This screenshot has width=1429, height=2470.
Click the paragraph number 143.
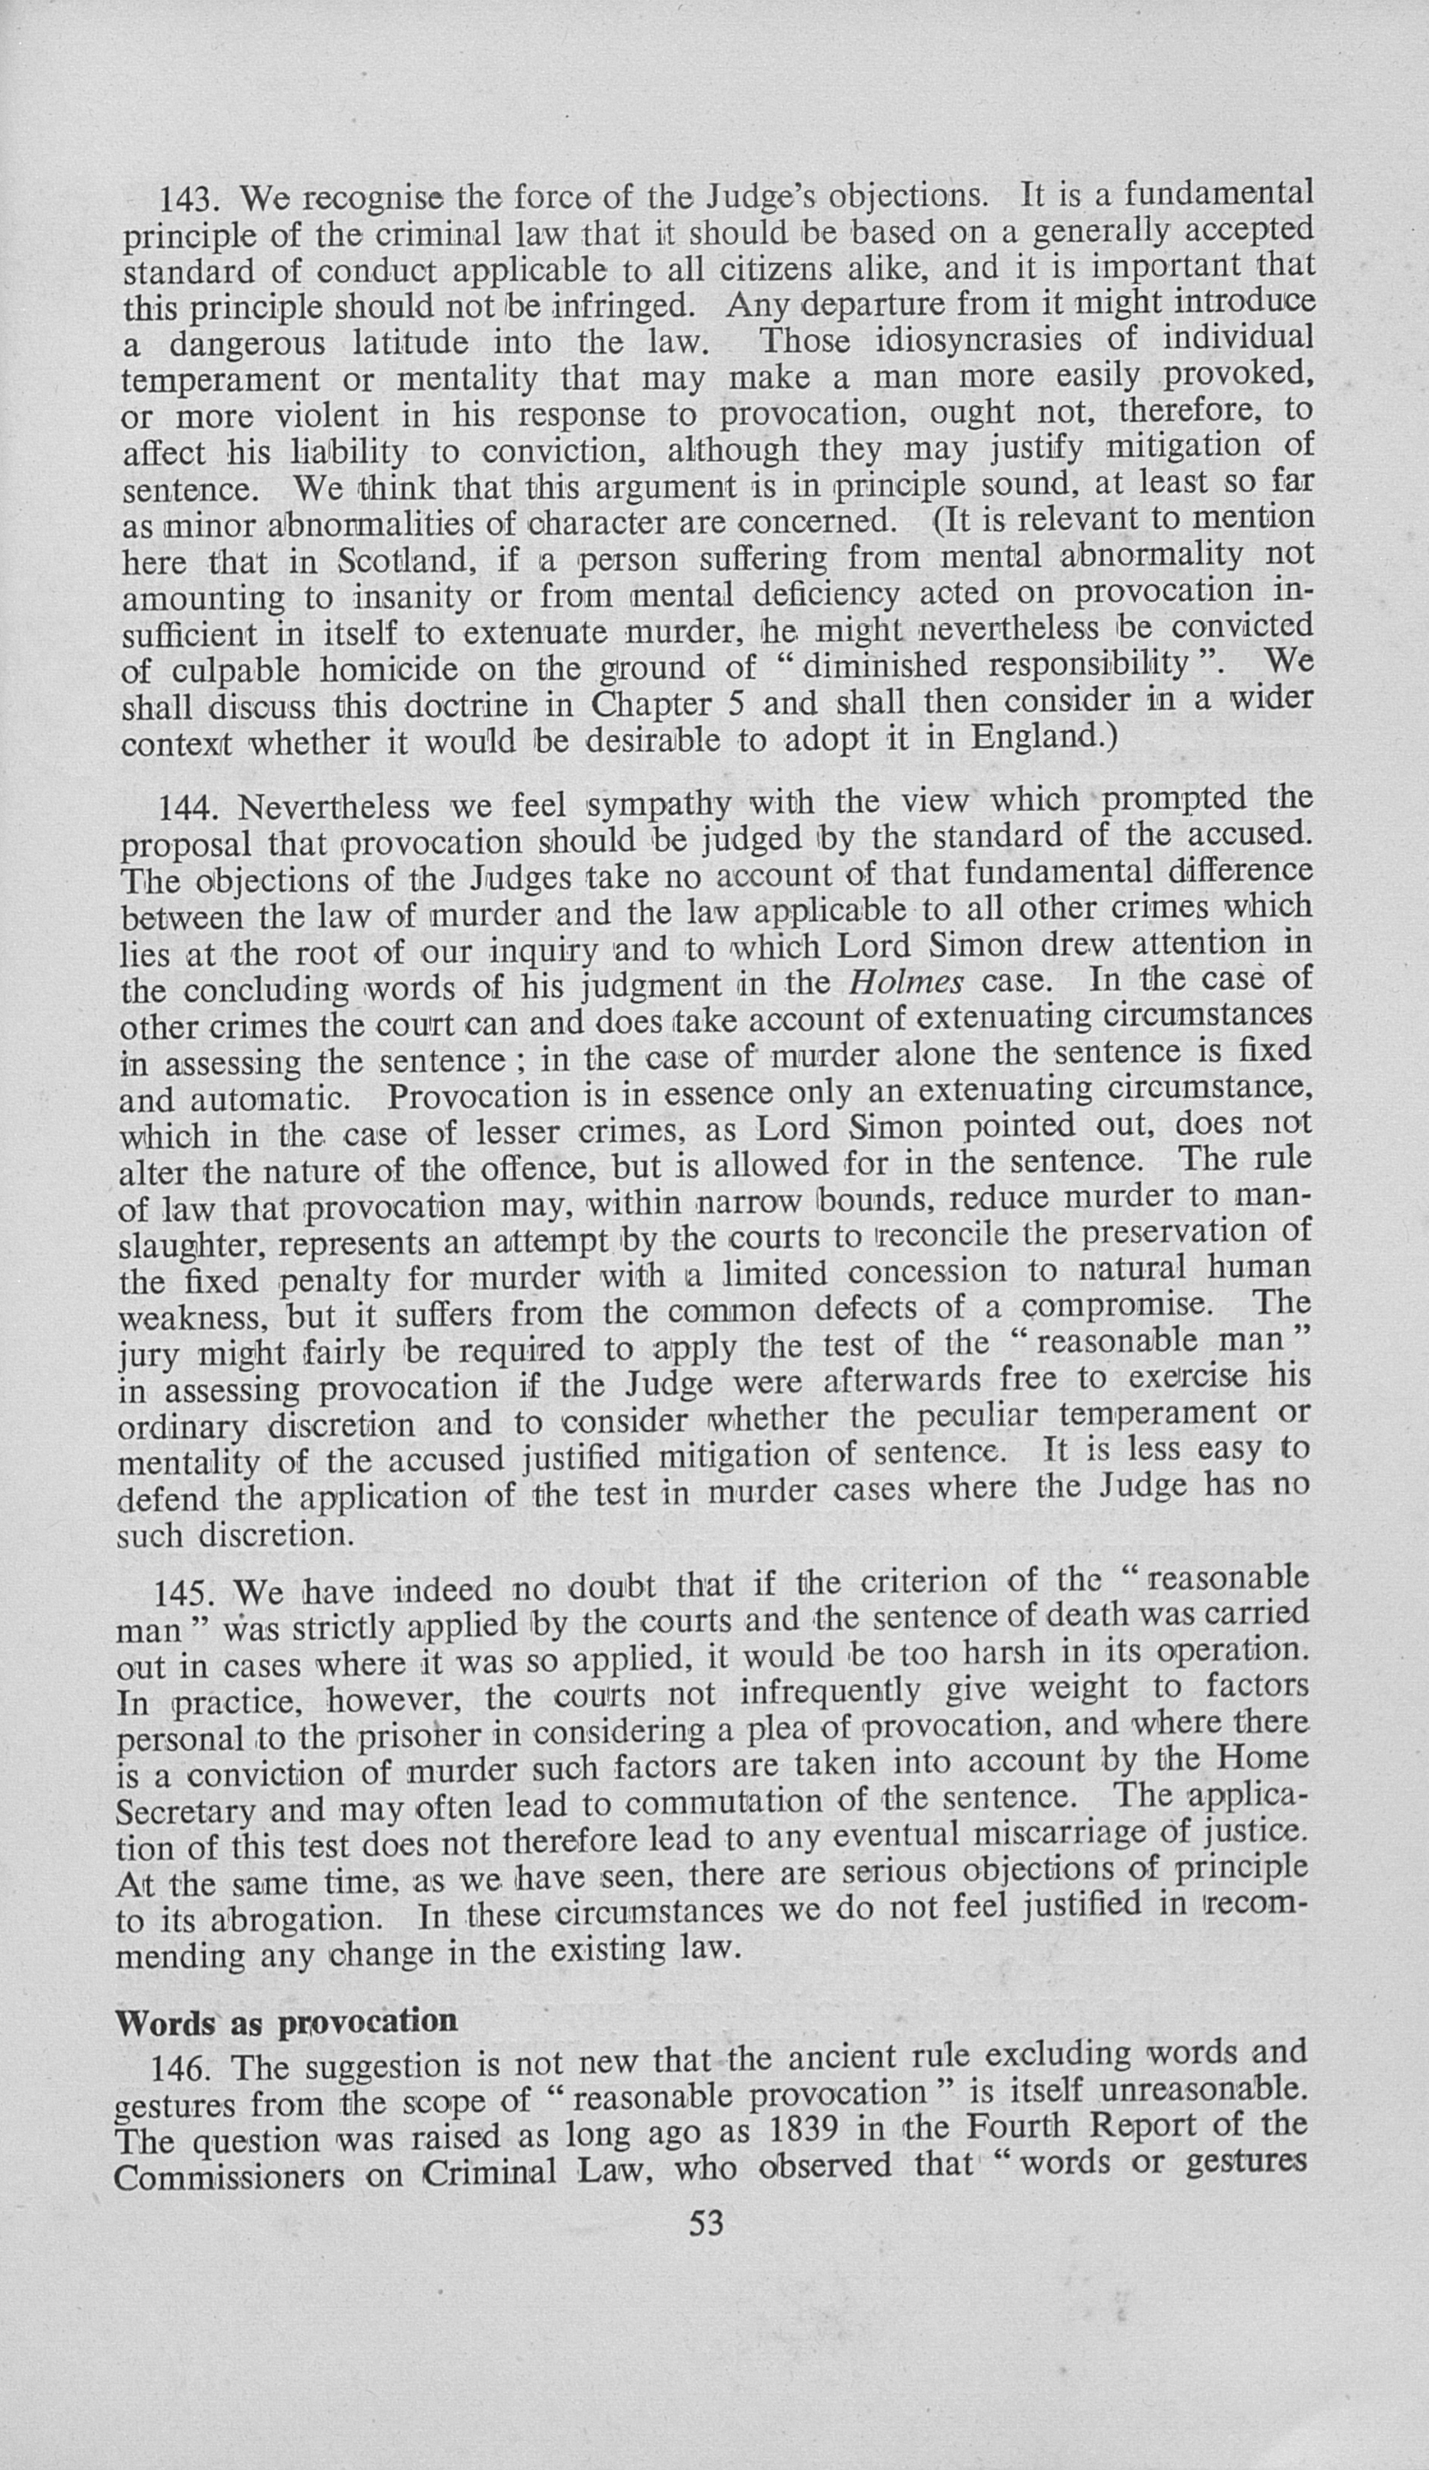185,200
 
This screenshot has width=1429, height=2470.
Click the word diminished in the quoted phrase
887,667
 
